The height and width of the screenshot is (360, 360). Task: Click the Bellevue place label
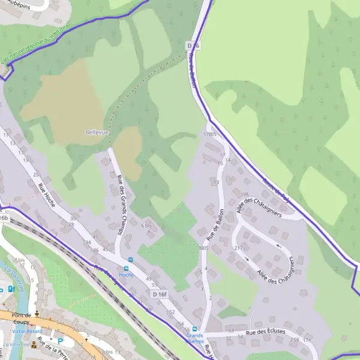(x=97, y=132)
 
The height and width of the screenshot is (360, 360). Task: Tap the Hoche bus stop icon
(x=127, y=268)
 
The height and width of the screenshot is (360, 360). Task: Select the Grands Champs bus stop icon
(x=194, y=329)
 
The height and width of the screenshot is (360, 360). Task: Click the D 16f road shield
(x=159, y=295)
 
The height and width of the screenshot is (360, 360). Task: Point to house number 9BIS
(x=202, y=248)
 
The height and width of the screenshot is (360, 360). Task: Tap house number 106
(x=244, y=194)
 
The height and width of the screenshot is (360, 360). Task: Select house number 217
(x=238, y=248)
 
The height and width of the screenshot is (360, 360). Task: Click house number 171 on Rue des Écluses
(x=307, y=340)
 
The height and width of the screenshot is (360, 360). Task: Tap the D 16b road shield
(x=4, y=218)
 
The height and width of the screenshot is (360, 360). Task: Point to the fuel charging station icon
(x=12, y=289)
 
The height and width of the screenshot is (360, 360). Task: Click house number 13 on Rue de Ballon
(x=216, y=182)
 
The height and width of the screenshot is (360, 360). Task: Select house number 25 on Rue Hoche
(x=36, y=174)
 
